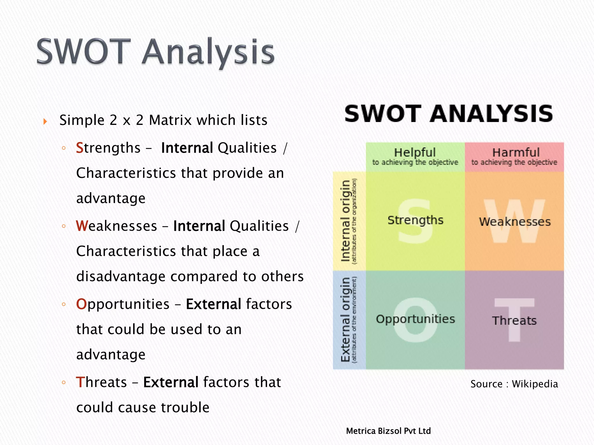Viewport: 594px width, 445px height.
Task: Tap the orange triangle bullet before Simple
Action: click(x=45, y=121)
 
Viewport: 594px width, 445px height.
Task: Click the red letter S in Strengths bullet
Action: click(x=79, y=148)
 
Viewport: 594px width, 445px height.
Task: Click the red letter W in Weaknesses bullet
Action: click(x=82, y=226)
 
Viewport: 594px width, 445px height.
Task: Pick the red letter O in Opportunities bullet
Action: click(x=81, y=304)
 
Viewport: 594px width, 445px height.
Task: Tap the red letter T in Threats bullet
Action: click(x=79, y=382)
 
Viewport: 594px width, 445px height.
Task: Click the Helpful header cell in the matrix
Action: click(x=415, y=157)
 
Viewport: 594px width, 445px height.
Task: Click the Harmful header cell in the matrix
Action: click(x=515, y=157)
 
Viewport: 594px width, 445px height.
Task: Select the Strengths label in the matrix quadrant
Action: click(x=415, y=220)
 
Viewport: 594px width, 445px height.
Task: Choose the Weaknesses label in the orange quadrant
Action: click(x=515, y=222)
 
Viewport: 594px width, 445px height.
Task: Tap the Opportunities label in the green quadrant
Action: click(x=415, y=319)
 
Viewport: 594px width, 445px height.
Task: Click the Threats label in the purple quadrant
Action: click(x=515, y=321)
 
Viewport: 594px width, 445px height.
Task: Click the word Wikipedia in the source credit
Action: click(x=535, y=384)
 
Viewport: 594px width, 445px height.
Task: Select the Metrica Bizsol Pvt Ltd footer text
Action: click(x=388, y=431)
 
